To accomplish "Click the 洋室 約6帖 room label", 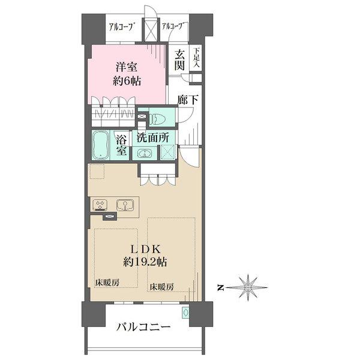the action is (x=127, y=74).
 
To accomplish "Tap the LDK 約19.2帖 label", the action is (x=145, y=256).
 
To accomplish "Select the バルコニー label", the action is (x=144, y=326).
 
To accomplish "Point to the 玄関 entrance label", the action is (x=179, y=60).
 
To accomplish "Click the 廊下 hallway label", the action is (x=188, y=100).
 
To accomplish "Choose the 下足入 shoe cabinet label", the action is (x=196, y=58).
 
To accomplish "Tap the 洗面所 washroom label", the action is (x=153, y=138).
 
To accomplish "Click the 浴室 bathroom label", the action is (x=121, y=145).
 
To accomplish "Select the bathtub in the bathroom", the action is (x=101, y=145).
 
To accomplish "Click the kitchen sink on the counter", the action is (x=125, y=205).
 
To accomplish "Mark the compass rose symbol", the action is (x=247, y=287).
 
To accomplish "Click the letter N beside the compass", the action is (x=220, y=287).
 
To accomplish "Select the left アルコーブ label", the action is (x=121, y=28).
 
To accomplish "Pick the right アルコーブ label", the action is (x=173, y=26).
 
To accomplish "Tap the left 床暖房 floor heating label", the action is (x=107, y=283).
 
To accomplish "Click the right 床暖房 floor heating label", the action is (x=162, y=287).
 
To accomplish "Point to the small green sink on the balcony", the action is (x=185, y=312).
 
